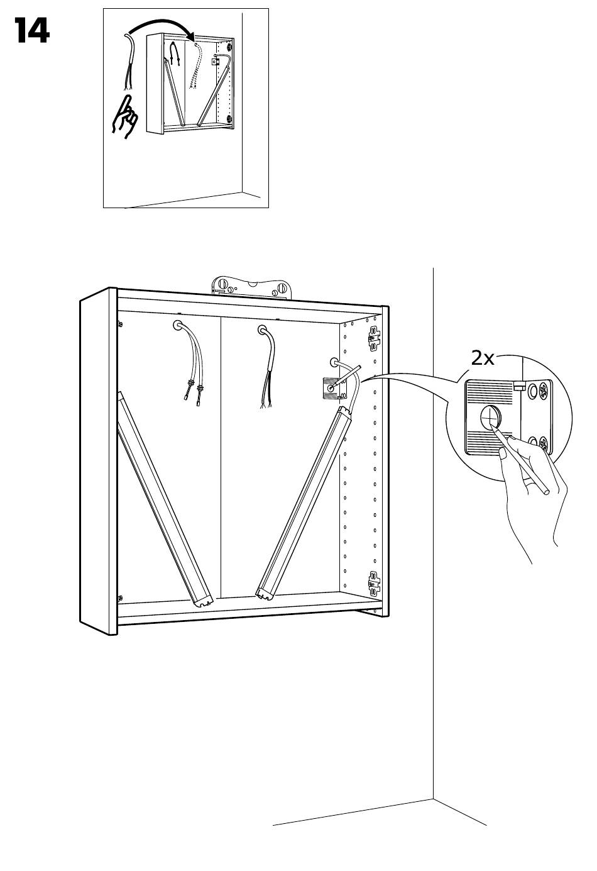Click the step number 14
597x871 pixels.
32,30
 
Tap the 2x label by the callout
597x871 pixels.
483,358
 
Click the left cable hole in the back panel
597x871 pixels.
178,325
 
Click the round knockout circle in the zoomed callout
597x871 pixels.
491,417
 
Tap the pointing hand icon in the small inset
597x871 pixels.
125,116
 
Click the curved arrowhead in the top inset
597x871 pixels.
192,35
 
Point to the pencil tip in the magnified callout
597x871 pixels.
493,426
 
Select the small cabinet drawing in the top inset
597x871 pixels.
190,84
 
